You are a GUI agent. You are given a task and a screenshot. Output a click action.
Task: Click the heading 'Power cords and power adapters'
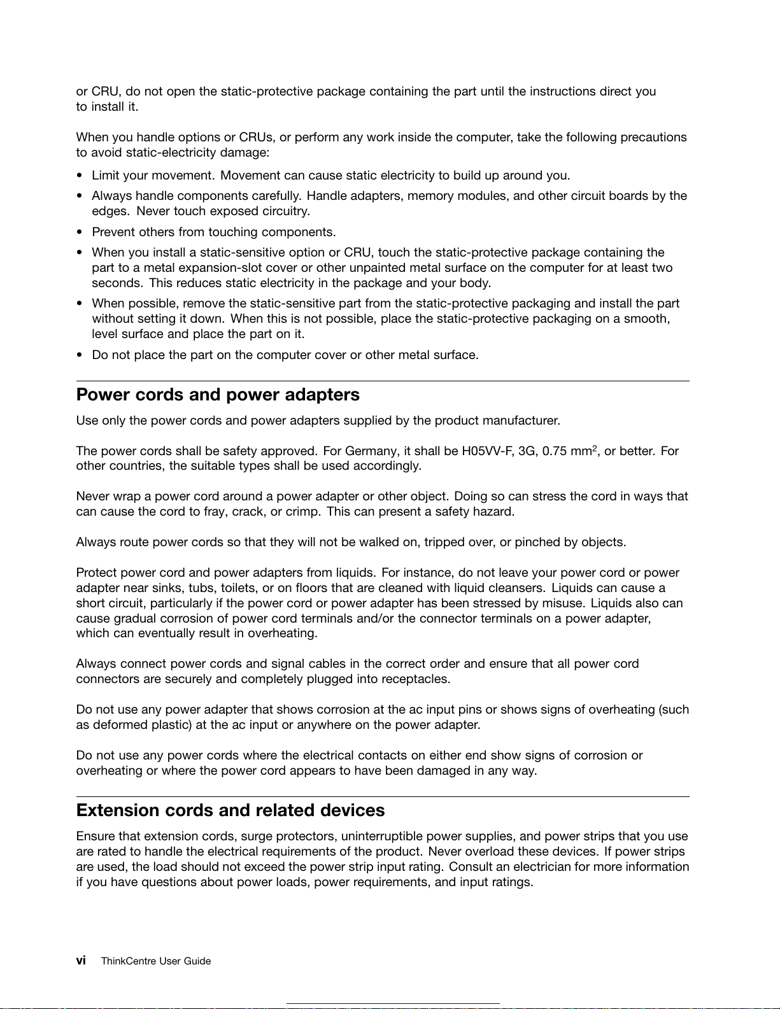pyautogui.click(x=218, y=395)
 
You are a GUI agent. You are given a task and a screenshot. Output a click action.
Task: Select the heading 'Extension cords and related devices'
pyautogui.click(x=230, y=810)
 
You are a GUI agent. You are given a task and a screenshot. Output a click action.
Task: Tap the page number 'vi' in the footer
pyautogui.click(x=81, y=961)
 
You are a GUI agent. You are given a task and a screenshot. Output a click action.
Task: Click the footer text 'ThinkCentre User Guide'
pyautogui.click(x=156, y=961)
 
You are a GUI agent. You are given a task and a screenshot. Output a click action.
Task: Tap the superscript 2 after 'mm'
pyautogui.click(x=595, y=448)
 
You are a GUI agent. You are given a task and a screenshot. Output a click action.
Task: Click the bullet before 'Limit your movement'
pyautogui.click(x=80, y=176)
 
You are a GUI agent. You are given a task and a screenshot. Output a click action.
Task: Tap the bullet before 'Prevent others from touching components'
pyautogui.click(x=80, y=232)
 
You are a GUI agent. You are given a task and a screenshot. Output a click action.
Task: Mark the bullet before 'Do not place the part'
pyautogui.click(x=80, y=355)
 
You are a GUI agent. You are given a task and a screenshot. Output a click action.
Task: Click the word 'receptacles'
pyautogui.click(x=415, y=679)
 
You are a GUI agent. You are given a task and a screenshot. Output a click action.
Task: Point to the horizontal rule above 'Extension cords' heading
pyautogui.click(x=383, y=796)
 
